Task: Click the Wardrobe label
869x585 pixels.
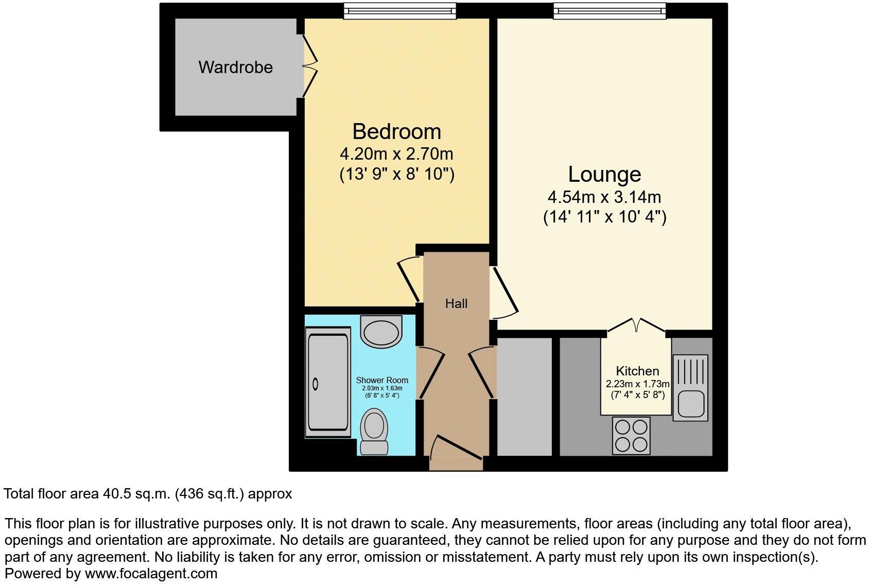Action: coord(235,67)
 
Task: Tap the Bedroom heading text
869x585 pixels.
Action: coord(396,132)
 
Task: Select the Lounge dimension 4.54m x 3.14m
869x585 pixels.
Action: coord(604,197)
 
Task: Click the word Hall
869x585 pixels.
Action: coord(456,304)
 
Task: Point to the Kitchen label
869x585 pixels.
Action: coord(637,371)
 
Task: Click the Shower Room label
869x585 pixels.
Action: coord(382,381)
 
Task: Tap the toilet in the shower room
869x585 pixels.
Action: coord(374,432)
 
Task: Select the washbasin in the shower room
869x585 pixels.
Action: coord(381,331)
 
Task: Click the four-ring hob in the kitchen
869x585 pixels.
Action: coord(631,436)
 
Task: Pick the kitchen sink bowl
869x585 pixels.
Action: coord(690,403)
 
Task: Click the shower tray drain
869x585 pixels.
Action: coord(316,384)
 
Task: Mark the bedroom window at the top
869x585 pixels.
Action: coord(399,11)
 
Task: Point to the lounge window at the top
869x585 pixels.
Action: coord(609,11)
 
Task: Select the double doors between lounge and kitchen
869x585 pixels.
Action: coord(636,325)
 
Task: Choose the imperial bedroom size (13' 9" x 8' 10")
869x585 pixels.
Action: coord(396,175)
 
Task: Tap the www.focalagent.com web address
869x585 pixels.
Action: coord(151,573)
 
